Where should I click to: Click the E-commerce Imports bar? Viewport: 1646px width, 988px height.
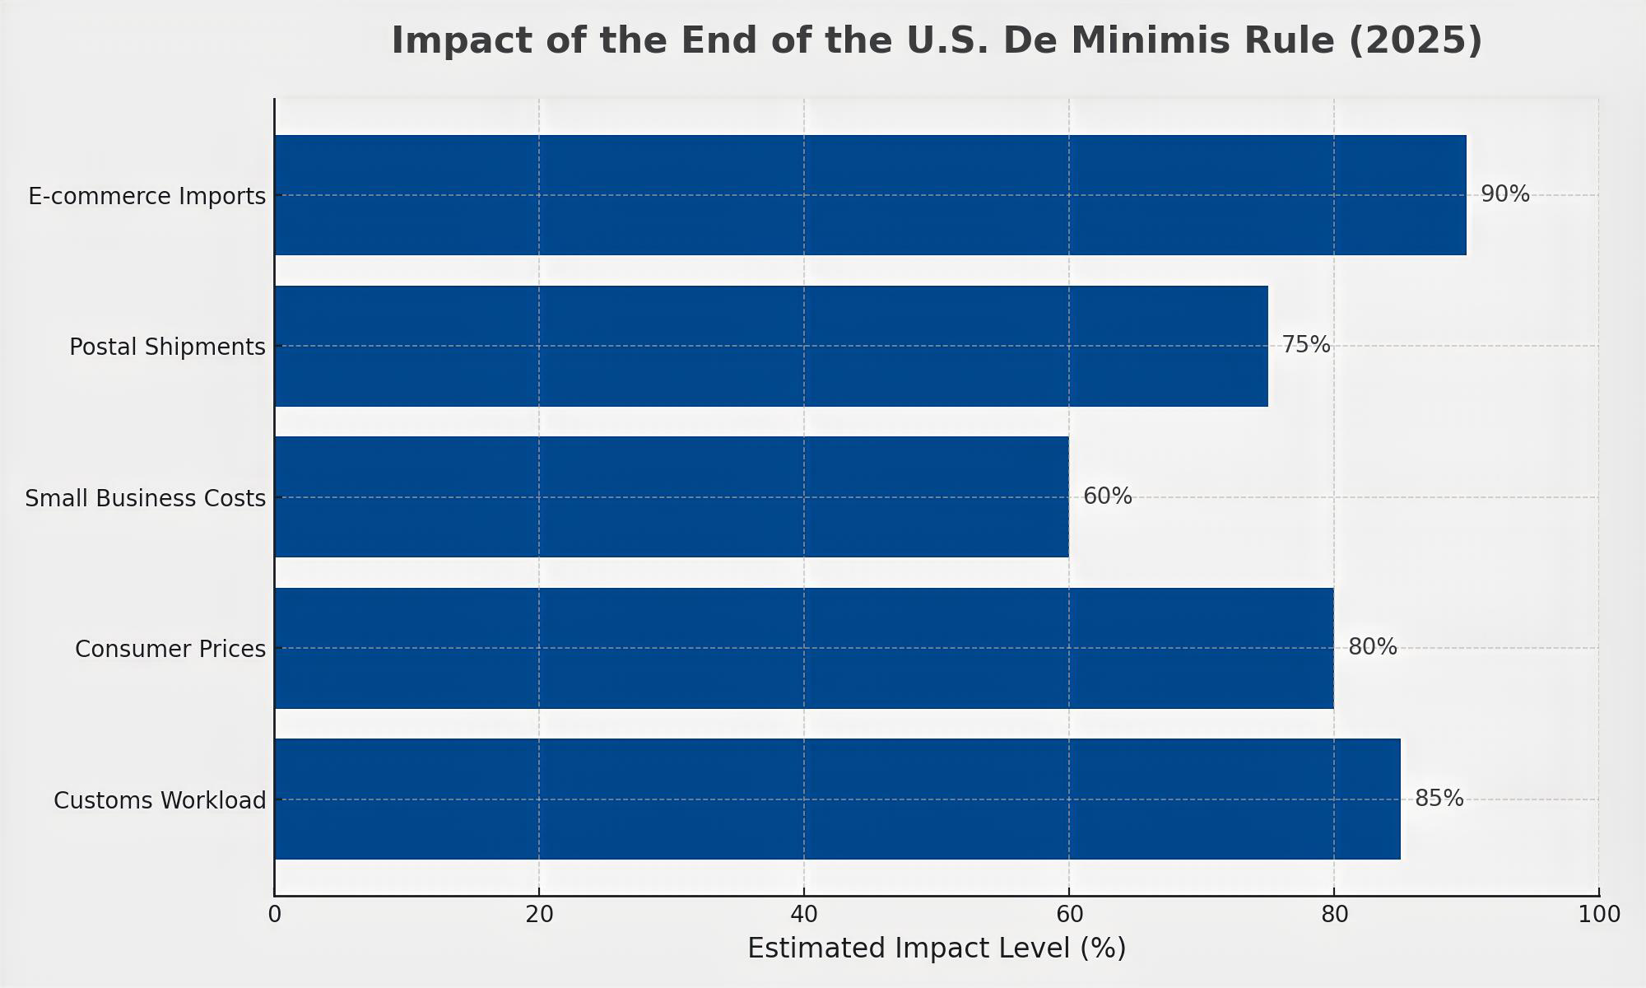point(870,195)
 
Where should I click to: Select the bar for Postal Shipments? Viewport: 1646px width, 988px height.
point(770,346)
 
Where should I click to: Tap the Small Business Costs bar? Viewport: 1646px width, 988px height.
point(671,496)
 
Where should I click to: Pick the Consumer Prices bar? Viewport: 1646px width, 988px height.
point(803,648)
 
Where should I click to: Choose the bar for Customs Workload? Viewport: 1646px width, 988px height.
point(837,799)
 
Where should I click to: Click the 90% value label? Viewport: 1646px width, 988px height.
point(1504,195)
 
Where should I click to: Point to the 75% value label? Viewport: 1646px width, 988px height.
point(1305,345)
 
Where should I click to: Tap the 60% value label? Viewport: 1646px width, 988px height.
point(1107,496)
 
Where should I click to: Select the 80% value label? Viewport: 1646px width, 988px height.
point(1372,647)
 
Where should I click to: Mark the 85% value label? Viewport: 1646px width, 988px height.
point(1439,799)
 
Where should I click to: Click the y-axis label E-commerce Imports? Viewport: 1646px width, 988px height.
point(146,197)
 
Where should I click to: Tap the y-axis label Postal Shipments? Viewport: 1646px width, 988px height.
point(167,347)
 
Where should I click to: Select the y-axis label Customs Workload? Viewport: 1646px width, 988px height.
point(160,800)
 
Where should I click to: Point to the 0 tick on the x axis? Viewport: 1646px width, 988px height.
point(274,915)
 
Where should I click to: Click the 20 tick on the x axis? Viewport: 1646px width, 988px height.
point(539,915)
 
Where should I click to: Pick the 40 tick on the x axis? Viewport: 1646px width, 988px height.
point(804,915)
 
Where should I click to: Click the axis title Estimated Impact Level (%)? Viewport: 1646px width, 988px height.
point(936,948)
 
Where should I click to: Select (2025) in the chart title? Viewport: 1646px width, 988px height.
point(1414,40)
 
